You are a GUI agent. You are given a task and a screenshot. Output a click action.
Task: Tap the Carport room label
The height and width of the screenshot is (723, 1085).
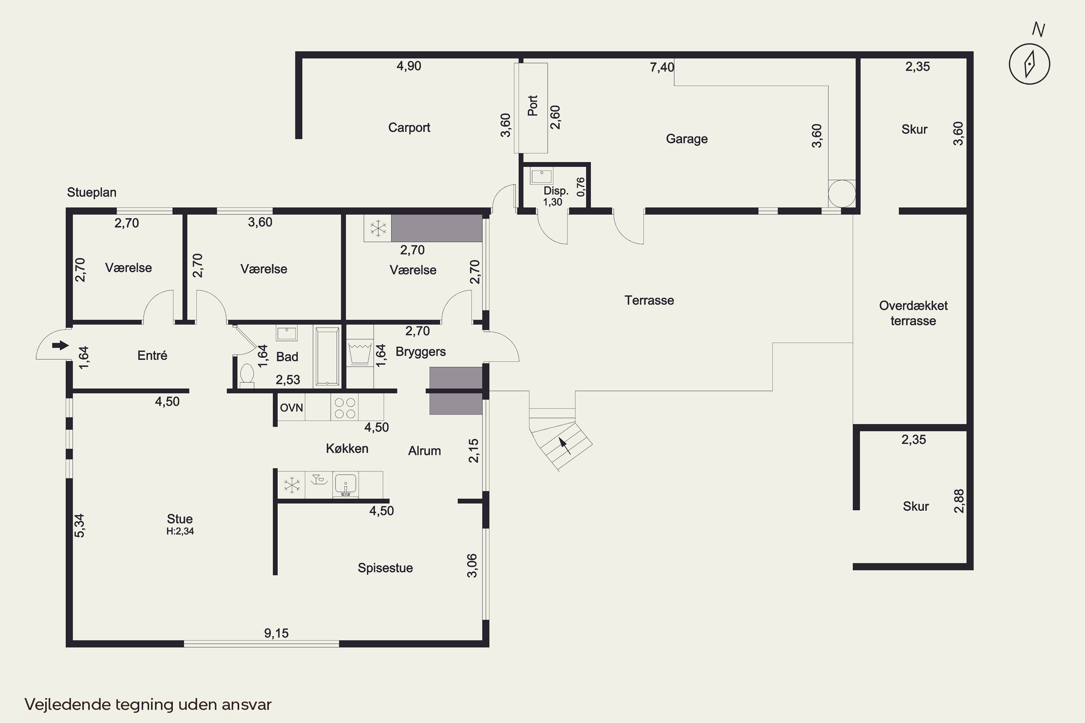point(409,128)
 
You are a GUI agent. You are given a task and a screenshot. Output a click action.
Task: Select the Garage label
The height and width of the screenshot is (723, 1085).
point(686,139)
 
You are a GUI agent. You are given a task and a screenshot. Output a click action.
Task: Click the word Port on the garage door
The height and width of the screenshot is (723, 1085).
point(532,106)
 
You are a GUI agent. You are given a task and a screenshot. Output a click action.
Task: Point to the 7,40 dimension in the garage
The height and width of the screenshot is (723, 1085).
point(662,67)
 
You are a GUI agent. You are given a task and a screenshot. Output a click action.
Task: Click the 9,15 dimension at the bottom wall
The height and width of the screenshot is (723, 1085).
point(276,633)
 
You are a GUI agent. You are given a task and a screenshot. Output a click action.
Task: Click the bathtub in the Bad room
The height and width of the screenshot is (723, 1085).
point(327,355)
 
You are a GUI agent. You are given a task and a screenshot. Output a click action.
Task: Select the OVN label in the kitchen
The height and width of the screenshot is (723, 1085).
point(292,408)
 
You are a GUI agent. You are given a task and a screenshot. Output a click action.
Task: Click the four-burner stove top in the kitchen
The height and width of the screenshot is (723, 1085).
point(345,408)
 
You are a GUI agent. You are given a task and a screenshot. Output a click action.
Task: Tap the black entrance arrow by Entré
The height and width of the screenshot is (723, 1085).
point(60,345)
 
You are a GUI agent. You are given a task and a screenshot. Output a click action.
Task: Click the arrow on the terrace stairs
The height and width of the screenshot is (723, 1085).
point(565,446)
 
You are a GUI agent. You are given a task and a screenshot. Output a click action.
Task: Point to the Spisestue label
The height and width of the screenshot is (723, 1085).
point(385,568)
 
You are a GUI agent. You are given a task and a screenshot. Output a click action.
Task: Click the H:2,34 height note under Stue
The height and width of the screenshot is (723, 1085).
point(180,531)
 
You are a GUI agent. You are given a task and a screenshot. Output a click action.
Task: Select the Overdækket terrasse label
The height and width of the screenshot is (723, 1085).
point(914,313)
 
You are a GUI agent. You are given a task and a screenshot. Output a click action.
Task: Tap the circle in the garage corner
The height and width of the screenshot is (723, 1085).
point(842,194)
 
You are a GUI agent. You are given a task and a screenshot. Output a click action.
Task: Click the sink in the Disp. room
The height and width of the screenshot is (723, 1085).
point(541,177)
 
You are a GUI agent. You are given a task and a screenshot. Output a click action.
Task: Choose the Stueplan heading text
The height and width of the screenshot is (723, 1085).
point(92,192)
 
